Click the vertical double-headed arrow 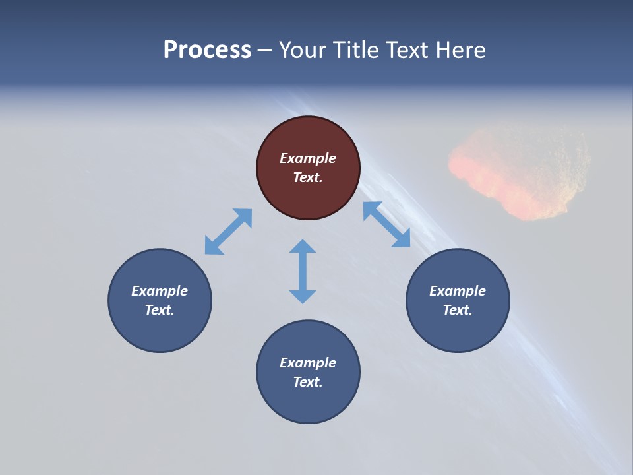point(303,271)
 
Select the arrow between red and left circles point(228,232)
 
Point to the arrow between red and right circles point(387,224)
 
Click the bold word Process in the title point(207,50)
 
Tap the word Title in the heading point(357,50)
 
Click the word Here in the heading point(461,50)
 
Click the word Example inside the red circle point(308,158)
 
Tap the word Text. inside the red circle point(308,177)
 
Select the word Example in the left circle point(160,291)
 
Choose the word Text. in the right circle point(458,310)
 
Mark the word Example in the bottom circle point(308,363)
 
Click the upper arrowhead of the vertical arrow point(303,247)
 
